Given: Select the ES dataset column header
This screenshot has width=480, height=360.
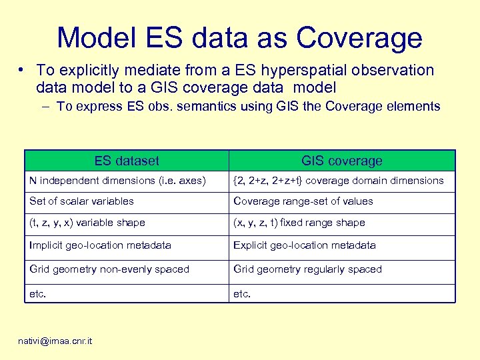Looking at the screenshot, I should click(x=127, y=161).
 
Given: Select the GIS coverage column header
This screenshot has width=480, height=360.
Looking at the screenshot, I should click(x=341, y=161).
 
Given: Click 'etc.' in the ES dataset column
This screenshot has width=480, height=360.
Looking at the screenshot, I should click(x=38, y=293).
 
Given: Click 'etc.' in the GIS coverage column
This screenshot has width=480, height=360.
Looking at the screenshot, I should click(x=242, y=293).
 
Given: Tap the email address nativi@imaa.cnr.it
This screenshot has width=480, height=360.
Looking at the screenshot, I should click(x=56, y=341).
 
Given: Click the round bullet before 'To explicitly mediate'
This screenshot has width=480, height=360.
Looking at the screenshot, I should click(x=23, y=70).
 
